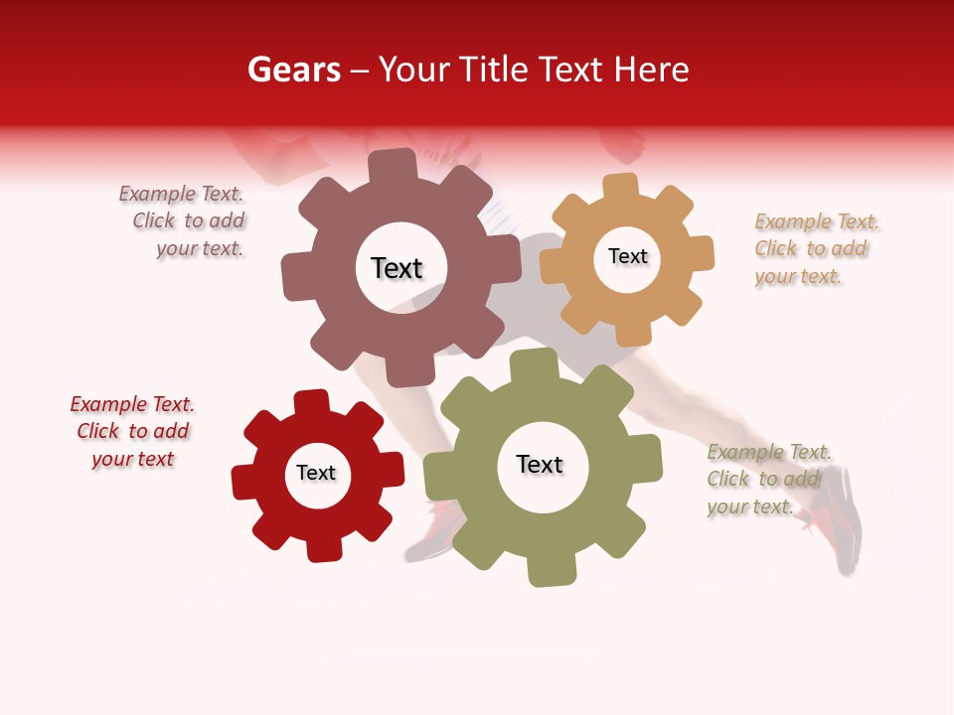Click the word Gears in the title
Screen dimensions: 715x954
pyautogui.click(x=293, y=70)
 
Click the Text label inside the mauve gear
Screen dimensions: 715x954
pyautogui.click(x=397, y=268)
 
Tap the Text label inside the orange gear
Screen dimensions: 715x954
pyautogui.click(x=627, y=256)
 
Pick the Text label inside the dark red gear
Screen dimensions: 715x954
pyautogui.click(x=316, y=473)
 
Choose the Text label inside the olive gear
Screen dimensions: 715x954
pyautogui.click(x=540, y=465)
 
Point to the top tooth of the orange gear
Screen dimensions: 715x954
pyautogui.click(x=620, y=187)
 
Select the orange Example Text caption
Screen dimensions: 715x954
pyautogui.click(x=815, y=248)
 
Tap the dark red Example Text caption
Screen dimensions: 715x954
pyautogui.click(x=132, y=431)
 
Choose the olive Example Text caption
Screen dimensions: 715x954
pyautogui.click(x=766, y=480)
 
